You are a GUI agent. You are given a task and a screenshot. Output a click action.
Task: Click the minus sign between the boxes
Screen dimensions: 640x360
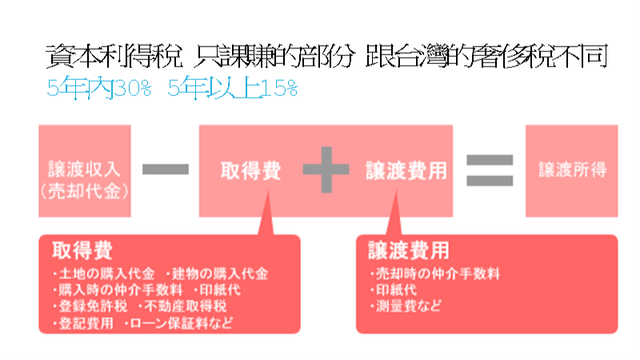(166, 169)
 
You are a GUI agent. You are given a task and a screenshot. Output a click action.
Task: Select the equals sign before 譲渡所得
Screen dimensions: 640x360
(489, 169)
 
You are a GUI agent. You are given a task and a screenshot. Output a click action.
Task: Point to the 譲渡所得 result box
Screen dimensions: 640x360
(571, 170)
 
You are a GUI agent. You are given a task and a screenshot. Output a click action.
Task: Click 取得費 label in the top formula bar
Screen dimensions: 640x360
(250, 170)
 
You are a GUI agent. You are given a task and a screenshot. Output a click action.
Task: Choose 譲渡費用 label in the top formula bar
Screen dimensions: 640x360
(406, 170)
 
